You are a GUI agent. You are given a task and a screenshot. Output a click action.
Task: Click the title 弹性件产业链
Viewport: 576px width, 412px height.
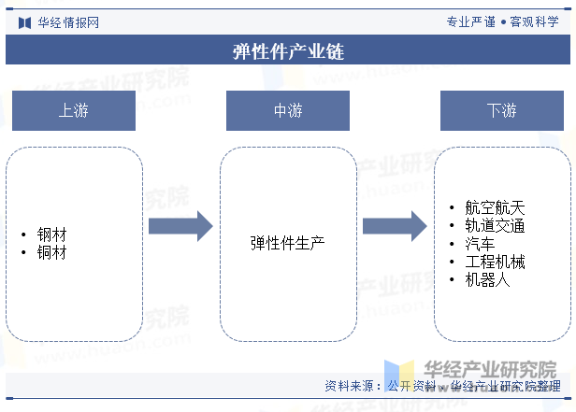pos(288,50)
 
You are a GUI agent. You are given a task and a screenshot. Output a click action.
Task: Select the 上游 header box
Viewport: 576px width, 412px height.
pos(74,110)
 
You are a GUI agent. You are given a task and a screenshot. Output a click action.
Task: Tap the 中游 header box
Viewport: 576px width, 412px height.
pos(287,110)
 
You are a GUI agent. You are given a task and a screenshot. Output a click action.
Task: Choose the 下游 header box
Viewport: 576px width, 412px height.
pos(501,110)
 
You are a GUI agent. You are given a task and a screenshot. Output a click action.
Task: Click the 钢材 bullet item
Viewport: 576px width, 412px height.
pos(51,234)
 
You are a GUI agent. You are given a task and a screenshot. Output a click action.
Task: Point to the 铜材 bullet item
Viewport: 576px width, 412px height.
pos(51,251)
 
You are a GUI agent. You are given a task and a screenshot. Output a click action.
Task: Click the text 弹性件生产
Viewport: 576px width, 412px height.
pos(287,243)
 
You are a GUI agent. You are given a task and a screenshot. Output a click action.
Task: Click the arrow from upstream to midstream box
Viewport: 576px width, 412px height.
pos(180,225)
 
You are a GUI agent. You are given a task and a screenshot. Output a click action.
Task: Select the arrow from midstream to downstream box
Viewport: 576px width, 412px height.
pos(395,225)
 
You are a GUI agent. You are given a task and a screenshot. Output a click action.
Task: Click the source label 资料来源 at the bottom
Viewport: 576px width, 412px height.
pos(353,386)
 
